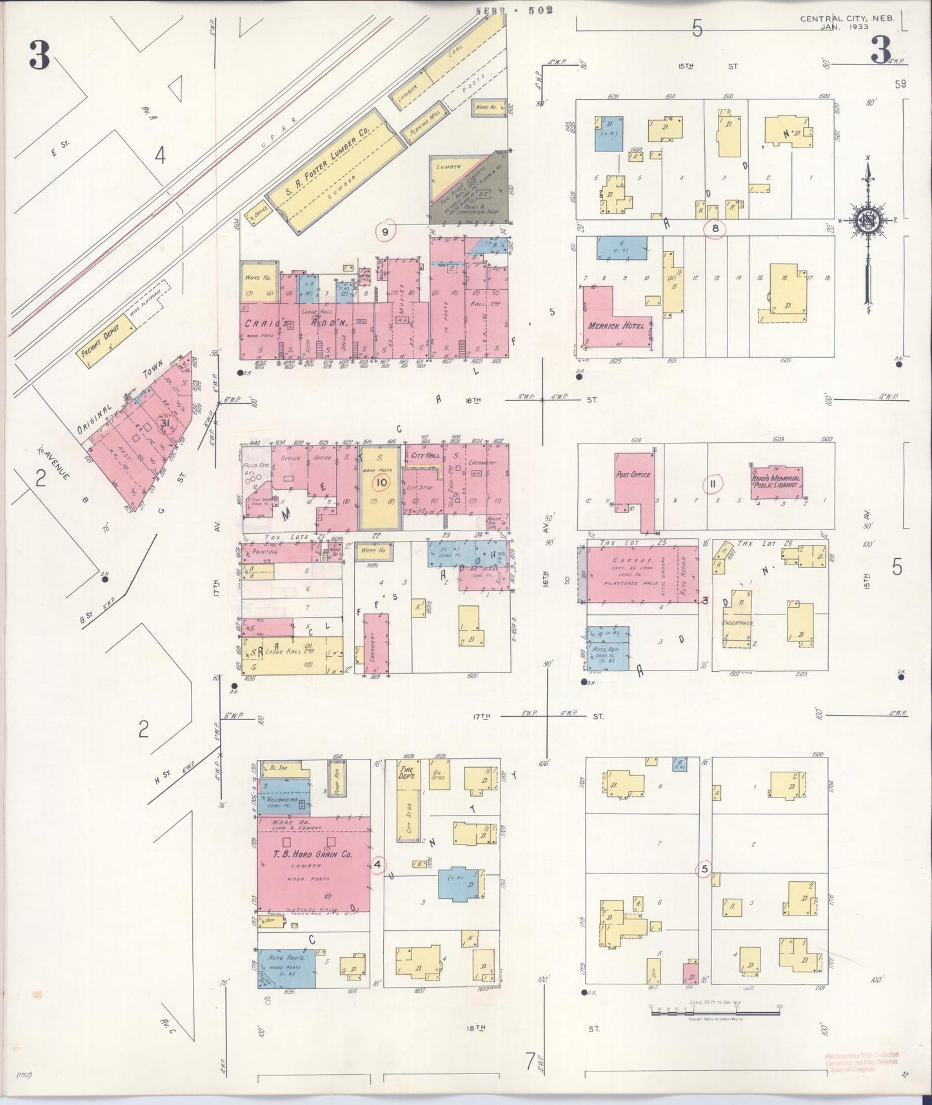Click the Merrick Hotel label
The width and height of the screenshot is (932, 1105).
point(616,326)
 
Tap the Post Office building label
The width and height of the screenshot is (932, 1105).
point(633,474)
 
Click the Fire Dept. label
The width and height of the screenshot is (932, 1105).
point(408,774)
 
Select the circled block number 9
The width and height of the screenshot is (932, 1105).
point(386,231)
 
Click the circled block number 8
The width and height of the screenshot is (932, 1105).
point(714,228)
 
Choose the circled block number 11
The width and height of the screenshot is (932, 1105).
point(714,483)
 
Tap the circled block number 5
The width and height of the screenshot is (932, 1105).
point(704,869)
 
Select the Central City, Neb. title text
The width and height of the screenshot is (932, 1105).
point(847,19)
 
